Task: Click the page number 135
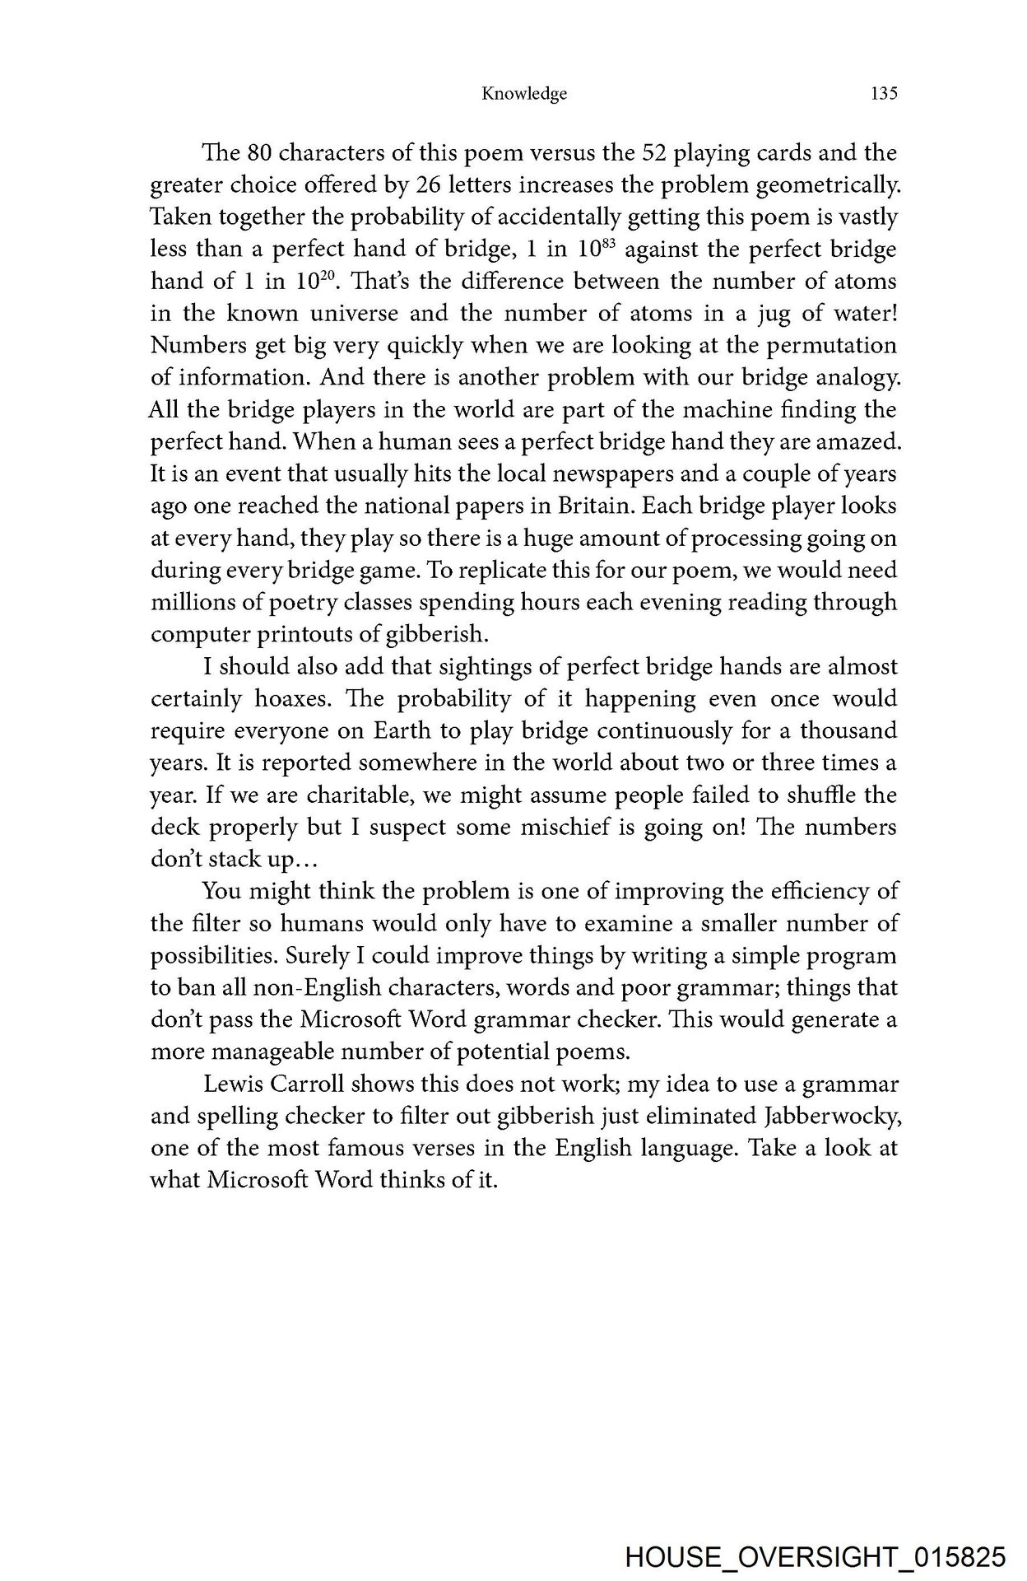click(x=883, y=94)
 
